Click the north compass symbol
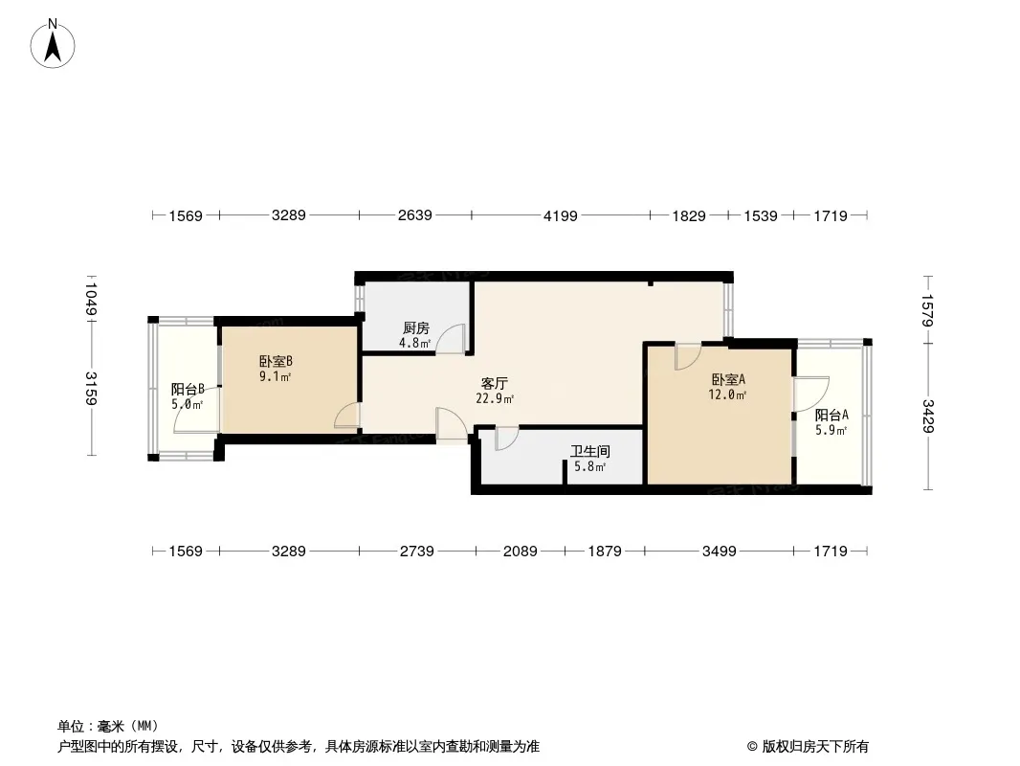pos(53,42)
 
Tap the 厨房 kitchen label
pos(416,327)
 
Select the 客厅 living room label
pos(495,384)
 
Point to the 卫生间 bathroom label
pos(590,451)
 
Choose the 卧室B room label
pos(276,362)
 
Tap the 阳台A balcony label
pos(832,415)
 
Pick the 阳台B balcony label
pos(188,389)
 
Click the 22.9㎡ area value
pos(495,399)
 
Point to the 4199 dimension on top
pos(561,216)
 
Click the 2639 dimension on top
pos(415,215)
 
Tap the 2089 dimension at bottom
pos(521,552)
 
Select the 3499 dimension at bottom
pos(720,552)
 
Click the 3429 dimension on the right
pos(928,417)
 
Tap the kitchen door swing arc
pos(451,339)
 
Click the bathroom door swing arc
pos(506,438)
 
